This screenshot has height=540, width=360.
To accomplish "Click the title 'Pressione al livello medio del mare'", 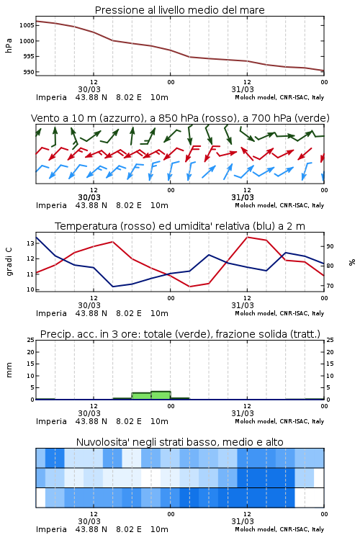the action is click(179, 10).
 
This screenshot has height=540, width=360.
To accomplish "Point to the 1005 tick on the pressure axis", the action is click(27, 25).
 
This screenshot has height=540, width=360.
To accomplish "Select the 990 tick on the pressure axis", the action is click(29, 72).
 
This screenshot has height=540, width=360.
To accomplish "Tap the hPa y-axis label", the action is click(9, 46).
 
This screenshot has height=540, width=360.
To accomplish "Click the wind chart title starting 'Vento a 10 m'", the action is click(180, 118).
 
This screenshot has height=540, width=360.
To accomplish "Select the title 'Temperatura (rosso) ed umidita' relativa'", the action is click(180, 226).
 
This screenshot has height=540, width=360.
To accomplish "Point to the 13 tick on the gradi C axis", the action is click(31, 243).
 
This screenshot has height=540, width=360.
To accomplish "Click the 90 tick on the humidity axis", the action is click(330, 246).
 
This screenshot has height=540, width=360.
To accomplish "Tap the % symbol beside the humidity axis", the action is click(352, 262).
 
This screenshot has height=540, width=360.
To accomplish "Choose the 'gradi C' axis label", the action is click(9, 261).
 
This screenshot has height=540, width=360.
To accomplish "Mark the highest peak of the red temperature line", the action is click(247, 237).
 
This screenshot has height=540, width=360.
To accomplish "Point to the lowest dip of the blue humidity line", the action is click(113, 287).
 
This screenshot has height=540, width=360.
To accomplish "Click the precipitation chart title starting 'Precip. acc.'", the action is click(180, 334).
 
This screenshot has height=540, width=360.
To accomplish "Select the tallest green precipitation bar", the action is click(161, 395).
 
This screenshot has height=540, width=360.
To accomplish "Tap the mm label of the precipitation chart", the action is click(9, 370).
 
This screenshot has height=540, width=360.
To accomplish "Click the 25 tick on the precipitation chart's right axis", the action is click(330, 340).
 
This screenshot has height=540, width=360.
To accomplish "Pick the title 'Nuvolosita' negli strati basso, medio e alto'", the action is click(179, 442).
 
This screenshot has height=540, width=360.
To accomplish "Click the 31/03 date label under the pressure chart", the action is click(243, 89).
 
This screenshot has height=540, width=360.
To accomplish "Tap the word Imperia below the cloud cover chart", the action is click(51, 529).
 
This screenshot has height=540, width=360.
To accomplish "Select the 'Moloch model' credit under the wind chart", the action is click(255, 205).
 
